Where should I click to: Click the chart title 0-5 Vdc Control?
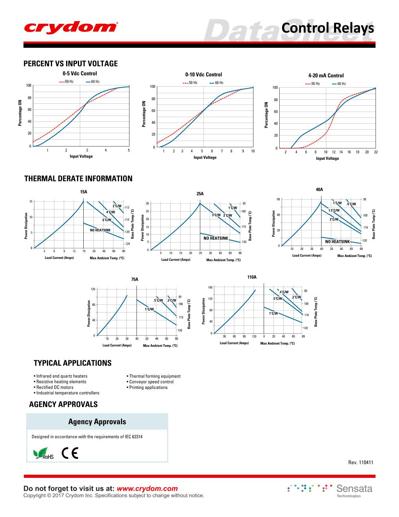coord(80,73)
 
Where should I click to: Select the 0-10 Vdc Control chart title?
coord(203,74)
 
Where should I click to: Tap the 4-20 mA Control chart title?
coord(326,76)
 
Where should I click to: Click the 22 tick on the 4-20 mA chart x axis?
coord(376,152)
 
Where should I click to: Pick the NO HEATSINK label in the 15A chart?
coord(100,230)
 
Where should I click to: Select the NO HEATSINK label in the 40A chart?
coord(337,242)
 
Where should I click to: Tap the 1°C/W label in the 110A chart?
coord(273,313)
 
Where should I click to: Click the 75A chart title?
coord(135,279)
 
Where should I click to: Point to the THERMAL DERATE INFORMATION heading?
coord(78,179)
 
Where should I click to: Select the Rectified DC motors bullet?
coord(54,387)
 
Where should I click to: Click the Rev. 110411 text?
coord(361,463)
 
